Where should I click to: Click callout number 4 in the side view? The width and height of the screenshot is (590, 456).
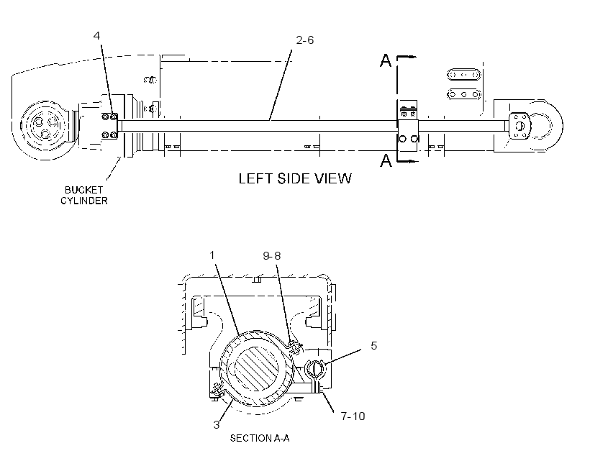(x=96, y=36)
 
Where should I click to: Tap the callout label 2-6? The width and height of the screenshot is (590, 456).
(x=305, y=40)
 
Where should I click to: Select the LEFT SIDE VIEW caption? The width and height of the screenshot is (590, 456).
(x=295, y=178)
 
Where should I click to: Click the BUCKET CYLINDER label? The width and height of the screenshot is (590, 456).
(x=84, y=195)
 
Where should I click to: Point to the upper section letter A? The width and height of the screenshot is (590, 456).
(x=386, y=60)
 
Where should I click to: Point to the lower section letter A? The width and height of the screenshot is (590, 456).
(x=386, y=160)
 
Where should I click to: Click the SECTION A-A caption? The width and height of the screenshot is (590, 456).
(x=260, y=438)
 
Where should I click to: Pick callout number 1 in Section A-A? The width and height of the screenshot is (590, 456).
(x=212, y=255)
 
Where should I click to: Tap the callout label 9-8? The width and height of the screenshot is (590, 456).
(x=272, y=256)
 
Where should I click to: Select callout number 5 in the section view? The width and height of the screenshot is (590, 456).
(x=373, y=346)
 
